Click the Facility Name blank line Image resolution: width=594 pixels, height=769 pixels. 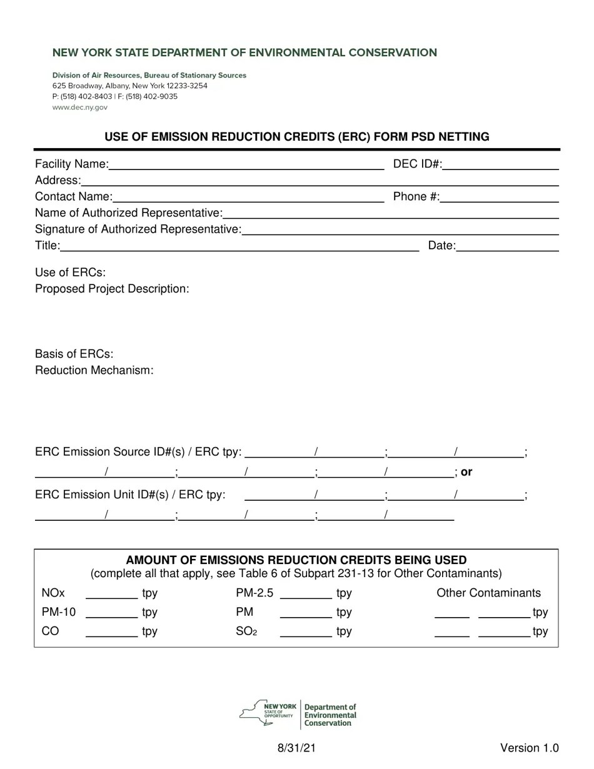point(246,165)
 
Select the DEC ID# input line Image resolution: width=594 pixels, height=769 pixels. point(500,165)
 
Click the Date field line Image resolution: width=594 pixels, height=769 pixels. point(507,246)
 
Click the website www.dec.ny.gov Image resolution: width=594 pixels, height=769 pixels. point(80,108)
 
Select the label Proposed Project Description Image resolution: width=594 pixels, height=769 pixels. point(112,289)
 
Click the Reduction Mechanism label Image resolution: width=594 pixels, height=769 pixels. point(94,370)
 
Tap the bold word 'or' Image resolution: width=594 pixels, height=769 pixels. point(466,472)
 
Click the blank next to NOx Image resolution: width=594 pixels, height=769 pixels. point(111,594)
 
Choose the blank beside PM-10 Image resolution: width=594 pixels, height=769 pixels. point(111,613)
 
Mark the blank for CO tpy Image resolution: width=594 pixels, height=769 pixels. point(111,633)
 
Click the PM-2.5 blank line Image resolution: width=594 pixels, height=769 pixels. point(306,594)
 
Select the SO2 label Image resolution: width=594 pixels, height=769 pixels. point(246,631)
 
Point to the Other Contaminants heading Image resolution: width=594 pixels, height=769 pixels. point(488,593)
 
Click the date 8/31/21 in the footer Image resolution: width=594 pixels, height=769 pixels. point(296,748)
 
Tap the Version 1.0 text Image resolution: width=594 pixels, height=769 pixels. point(529,748)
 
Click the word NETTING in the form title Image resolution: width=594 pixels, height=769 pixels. point(464,136)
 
